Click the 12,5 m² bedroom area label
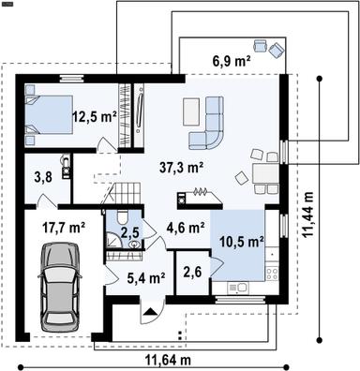[x=94, y=117]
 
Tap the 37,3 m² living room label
[x=184, y=167]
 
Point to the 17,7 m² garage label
[x=64, y=226]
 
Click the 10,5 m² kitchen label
[x=241, y=239]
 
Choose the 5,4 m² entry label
[x=146, y=277]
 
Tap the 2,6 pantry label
[x=192, y=273]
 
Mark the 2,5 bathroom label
[x=130, y=230]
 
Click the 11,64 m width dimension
[x=167, y=360]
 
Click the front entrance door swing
[x=148, y=313]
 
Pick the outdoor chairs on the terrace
[x=267, y=46]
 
